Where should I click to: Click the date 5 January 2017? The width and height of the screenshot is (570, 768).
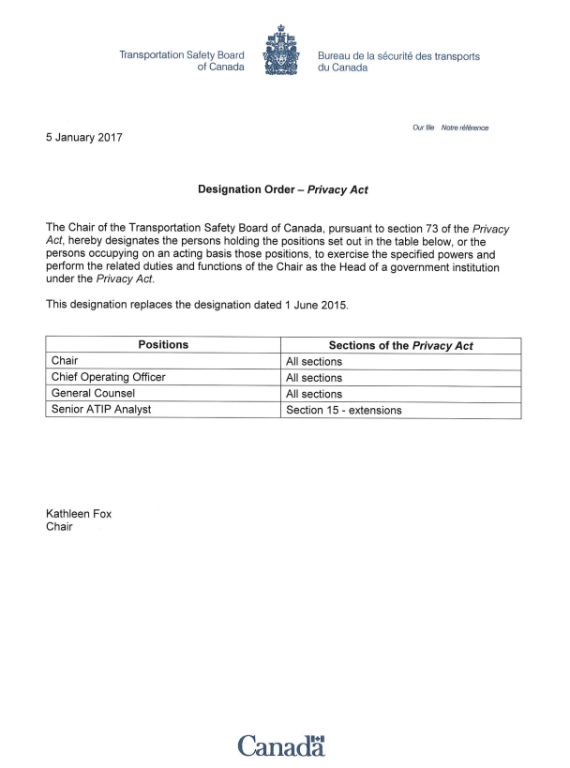(x=84, y=138)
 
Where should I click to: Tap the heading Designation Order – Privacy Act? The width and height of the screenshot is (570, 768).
(x=282, y=189)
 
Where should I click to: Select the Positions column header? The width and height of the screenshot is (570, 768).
(x=163, y=345)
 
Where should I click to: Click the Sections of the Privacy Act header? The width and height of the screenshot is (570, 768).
(x=400, y=346)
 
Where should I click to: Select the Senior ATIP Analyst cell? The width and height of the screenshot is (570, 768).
(x=101, y=409)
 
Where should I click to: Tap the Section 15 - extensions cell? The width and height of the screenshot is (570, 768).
(x=343, y=410)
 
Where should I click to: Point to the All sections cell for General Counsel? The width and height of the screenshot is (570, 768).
(x=314, y=394)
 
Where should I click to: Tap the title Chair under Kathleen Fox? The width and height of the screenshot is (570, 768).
(x=61, y=527)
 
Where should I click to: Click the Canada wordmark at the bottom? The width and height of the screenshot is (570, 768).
(x=281, y=745)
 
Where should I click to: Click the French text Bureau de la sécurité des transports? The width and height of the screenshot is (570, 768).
(x=398, y=56)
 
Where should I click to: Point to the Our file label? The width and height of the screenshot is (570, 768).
(x=425, y=128)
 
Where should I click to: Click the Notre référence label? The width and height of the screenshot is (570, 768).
(x=465, y=128)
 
